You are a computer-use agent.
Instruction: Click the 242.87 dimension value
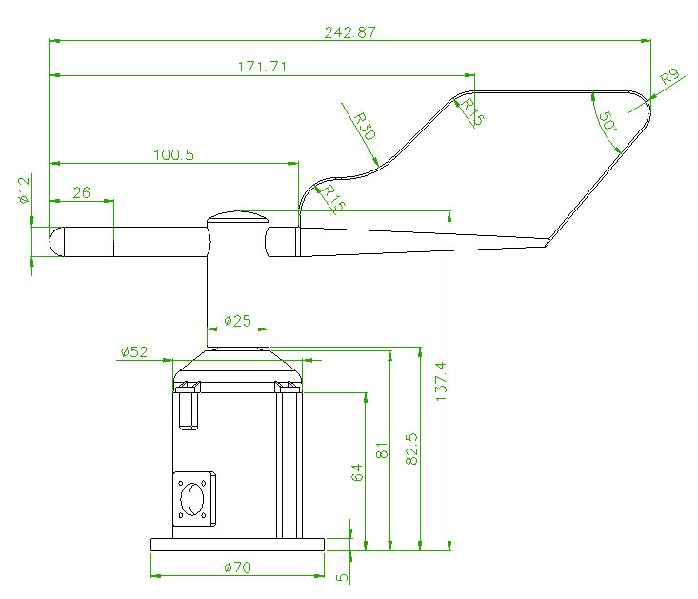349,31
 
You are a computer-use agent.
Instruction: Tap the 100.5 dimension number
171,154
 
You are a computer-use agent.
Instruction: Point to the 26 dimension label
81,192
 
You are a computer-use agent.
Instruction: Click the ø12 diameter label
25,190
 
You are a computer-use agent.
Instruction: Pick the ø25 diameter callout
237,321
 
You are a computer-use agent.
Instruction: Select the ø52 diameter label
134,352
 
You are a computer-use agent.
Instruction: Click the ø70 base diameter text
237,568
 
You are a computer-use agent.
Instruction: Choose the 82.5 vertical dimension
411,449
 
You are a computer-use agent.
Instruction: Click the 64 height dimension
357,472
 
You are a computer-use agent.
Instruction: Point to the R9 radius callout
669,75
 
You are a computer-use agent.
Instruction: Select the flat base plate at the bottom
237,545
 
